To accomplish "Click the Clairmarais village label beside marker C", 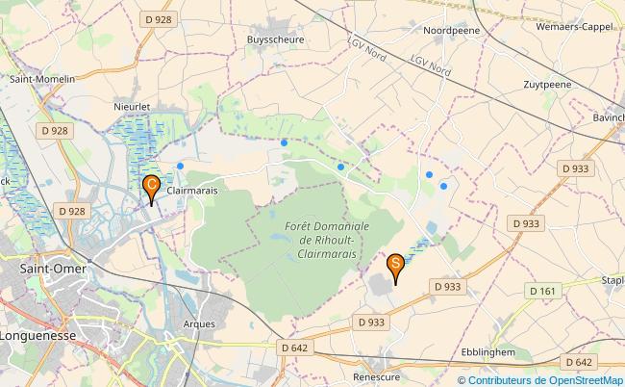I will [192, 192].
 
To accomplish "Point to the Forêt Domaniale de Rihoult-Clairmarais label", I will [321, 237].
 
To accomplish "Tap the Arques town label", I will [198, 324].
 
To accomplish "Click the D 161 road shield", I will [541, 291].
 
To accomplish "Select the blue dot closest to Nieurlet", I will [181, 166].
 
